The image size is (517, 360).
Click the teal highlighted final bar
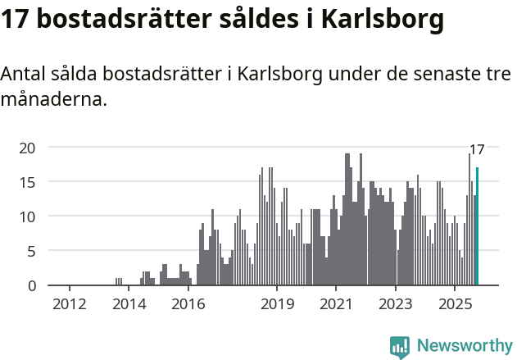pos(478,226)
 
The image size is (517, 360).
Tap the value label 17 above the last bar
pos(477,149)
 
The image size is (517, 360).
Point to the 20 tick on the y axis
pos(28,148)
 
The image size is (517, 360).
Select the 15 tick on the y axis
pos(28,182)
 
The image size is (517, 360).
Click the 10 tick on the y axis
pos(28,216)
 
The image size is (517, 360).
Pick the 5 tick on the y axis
pos(32,251)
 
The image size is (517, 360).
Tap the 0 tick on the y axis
pos(32,285)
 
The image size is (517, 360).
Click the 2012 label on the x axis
pos(70,305)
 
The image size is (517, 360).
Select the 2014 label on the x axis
pos(129,305)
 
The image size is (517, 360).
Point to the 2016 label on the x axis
pos(188,305)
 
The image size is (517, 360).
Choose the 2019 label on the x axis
pos(277,305)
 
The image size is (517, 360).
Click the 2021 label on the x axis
pos(337,305)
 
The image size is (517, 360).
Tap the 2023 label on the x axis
pos(396,305)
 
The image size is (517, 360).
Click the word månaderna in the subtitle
pos(53,101)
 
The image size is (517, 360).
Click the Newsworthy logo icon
pos(400,347)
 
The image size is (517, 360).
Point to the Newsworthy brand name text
pos(465,347)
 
